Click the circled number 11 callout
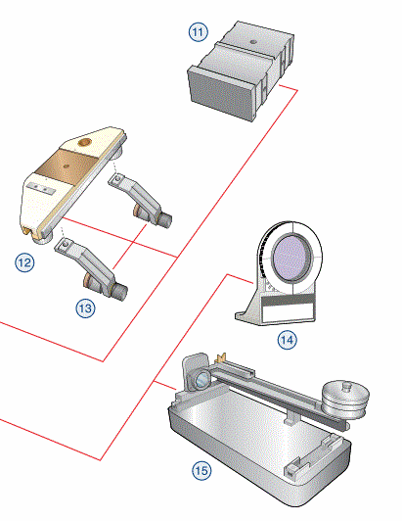pos(199,32)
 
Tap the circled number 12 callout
pos(24,262)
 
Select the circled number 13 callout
pos(85,308)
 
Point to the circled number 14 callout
pos(287,340)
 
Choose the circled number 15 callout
pos(201,470)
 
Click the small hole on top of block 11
pos(253,42)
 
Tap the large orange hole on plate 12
pos(85,142)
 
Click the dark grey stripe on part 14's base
pos(288,300)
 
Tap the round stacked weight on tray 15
pos(345,400)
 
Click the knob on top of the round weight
pos(347,386)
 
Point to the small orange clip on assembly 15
pos(220,357)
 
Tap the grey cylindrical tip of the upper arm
pos(165,219)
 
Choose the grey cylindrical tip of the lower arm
pos(119,293)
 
